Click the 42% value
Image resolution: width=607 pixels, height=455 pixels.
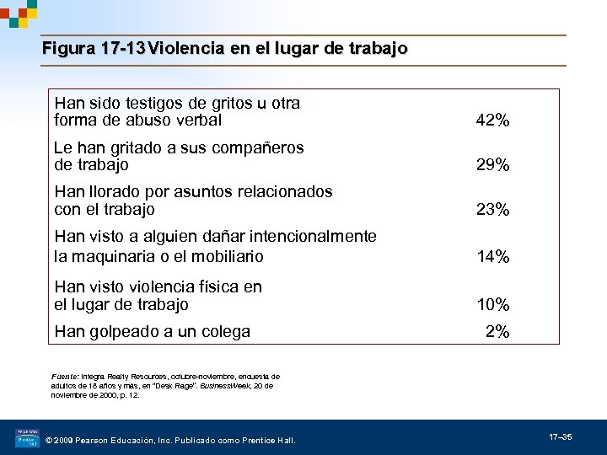click(x=492, y=120)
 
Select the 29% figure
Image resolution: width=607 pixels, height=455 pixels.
click(x=492, y=165)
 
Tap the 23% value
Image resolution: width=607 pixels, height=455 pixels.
click(x=492, y=210)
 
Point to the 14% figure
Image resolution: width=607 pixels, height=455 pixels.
click(x=492, y=257)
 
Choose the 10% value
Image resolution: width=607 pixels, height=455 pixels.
click(x=492, y=304)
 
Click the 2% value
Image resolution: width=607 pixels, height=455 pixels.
click(x=497, y=332)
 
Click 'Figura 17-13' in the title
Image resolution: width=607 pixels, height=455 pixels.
click(x=94, y=49)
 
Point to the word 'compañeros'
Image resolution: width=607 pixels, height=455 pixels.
click(x=261, y=147)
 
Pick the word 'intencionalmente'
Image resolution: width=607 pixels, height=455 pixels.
click(x=313, y=236)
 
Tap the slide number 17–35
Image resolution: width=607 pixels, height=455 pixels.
click(x=561, y=437)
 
